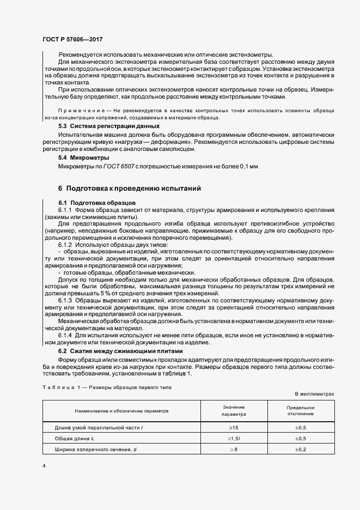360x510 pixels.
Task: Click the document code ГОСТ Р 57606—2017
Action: click(x=72, y=40)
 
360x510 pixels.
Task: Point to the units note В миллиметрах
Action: click(x=314, y=393)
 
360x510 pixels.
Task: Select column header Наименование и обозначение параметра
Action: click(x=122, y=410)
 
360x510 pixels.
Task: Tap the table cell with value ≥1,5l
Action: click(x=234, y=438)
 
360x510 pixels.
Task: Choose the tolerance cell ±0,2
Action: click(x=300, y=449)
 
